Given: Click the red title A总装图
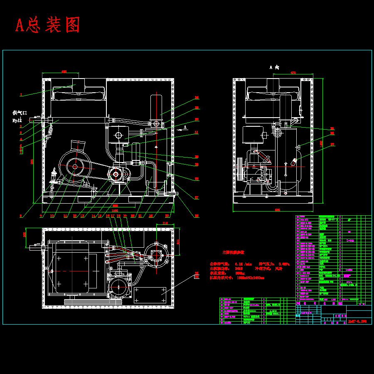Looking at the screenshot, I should (47, 25).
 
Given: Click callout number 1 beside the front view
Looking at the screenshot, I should (20, 95).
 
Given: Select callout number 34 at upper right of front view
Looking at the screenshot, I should (197, 98).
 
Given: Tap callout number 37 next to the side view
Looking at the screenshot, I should (332, 145).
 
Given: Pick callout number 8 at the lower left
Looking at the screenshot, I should (20, 216).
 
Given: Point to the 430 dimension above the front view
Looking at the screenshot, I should (64, 72).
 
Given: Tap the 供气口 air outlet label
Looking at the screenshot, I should (20, 113).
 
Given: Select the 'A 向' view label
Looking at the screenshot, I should (274, 67).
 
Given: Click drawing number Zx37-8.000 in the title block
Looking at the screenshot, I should (357, 321).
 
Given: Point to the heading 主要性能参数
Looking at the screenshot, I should (233, 252).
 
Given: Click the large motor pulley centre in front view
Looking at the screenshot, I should (75, 167).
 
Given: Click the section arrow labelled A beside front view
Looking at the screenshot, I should (185, 127).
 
